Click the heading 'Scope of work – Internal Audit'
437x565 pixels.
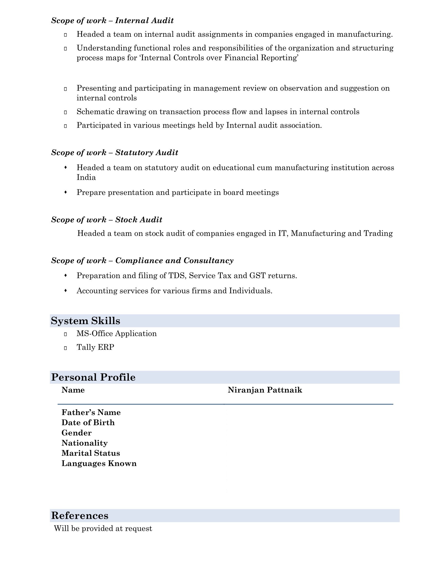click(x=112, y=21)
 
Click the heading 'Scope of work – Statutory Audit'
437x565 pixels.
click(x=114, y=152)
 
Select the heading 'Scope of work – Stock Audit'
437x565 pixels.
click(x=107, y=220)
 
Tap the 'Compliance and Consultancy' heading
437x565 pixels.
click(x=174, y=260)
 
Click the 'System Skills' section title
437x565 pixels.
click(x=86, y=321)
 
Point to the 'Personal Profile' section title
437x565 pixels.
click(x=93, y=377)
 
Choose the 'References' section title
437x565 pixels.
click(x=80, y=515)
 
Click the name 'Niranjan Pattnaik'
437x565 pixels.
click(x=265, y=390)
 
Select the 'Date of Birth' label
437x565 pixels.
click(x=88, y=422)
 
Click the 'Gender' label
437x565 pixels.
click(x=77, y=433)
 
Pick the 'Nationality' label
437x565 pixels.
click(x=85, y=443)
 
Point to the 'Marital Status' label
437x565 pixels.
click(x=91, y=453)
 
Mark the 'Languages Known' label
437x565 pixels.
click(x=99, y=463)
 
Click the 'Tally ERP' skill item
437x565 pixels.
click(x=95, y=347)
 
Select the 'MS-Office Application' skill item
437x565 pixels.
click(x=116, y=333)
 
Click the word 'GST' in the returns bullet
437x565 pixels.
click(x=257, y=276)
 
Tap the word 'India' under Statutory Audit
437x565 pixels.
click(x=86, y=177)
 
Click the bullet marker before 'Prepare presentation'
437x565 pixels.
click(x=66, y=192)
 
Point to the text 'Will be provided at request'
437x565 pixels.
click(x=103, y=528)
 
